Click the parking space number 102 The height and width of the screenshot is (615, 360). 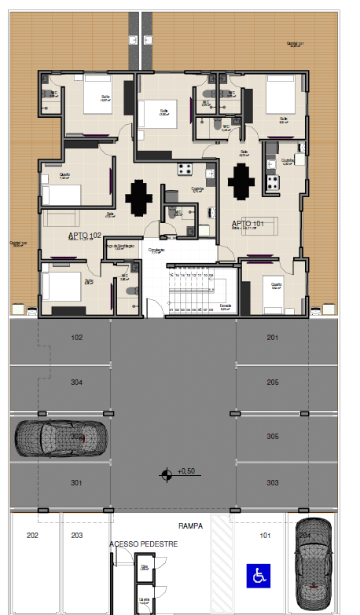pos(77,338)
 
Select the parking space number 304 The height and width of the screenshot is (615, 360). pos(77,383)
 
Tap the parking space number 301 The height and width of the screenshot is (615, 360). pos(77,482)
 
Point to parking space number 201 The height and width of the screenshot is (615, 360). pos(272,338)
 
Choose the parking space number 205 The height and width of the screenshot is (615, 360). pos(272,383)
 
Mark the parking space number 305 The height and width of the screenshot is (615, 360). pos(272,437)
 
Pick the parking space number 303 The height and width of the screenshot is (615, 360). pos(272,482)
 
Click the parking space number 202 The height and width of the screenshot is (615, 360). pos(32,536)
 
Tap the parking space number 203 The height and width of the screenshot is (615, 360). pos(77,536)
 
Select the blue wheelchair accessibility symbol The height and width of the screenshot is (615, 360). pos(258,576)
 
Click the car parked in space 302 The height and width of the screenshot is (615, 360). pos(60,437)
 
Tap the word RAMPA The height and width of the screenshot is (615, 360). pos(190,527)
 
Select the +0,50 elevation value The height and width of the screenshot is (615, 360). pos(186,471)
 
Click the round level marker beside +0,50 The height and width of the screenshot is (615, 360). pos(166,473)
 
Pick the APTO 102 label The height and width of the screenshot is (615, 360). pos(84,236)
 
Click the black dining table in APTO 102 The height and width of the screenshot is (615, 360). pos(139,197)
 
